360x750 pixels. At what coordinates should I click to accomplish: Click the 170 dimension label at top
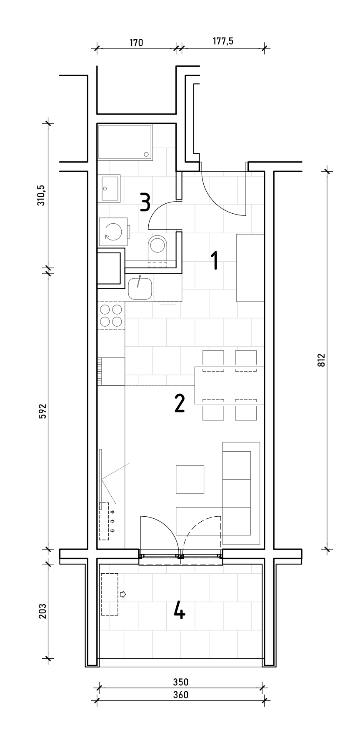coord(136,42)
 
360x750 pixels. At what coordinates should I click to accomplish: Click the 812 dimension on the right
coord(320,360)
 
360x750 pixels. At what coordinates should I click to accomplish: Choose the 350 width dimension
coord(181,682)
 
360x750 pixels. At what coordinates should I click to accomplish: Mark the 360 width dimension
coord(181,695)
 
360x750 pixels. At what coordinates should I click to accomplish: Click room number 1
coord(215,260)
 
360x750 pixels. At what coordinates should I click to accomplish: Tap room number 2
coord(180,403)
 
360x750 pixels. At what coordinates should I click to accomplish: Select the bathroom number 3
coord(145,202)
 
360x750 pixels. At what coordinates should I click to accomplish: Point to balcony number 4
coord(180,611)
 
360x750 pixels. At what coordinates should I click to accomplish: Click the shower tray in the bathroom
coord(125,142)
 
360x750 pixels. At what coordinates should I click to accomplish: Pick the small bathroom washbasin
coord(110,189)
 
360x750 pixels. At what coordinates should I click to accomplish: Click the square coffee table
coord(190,480)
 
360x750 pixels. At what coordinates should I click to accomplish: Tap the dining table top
coord(229,385)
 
